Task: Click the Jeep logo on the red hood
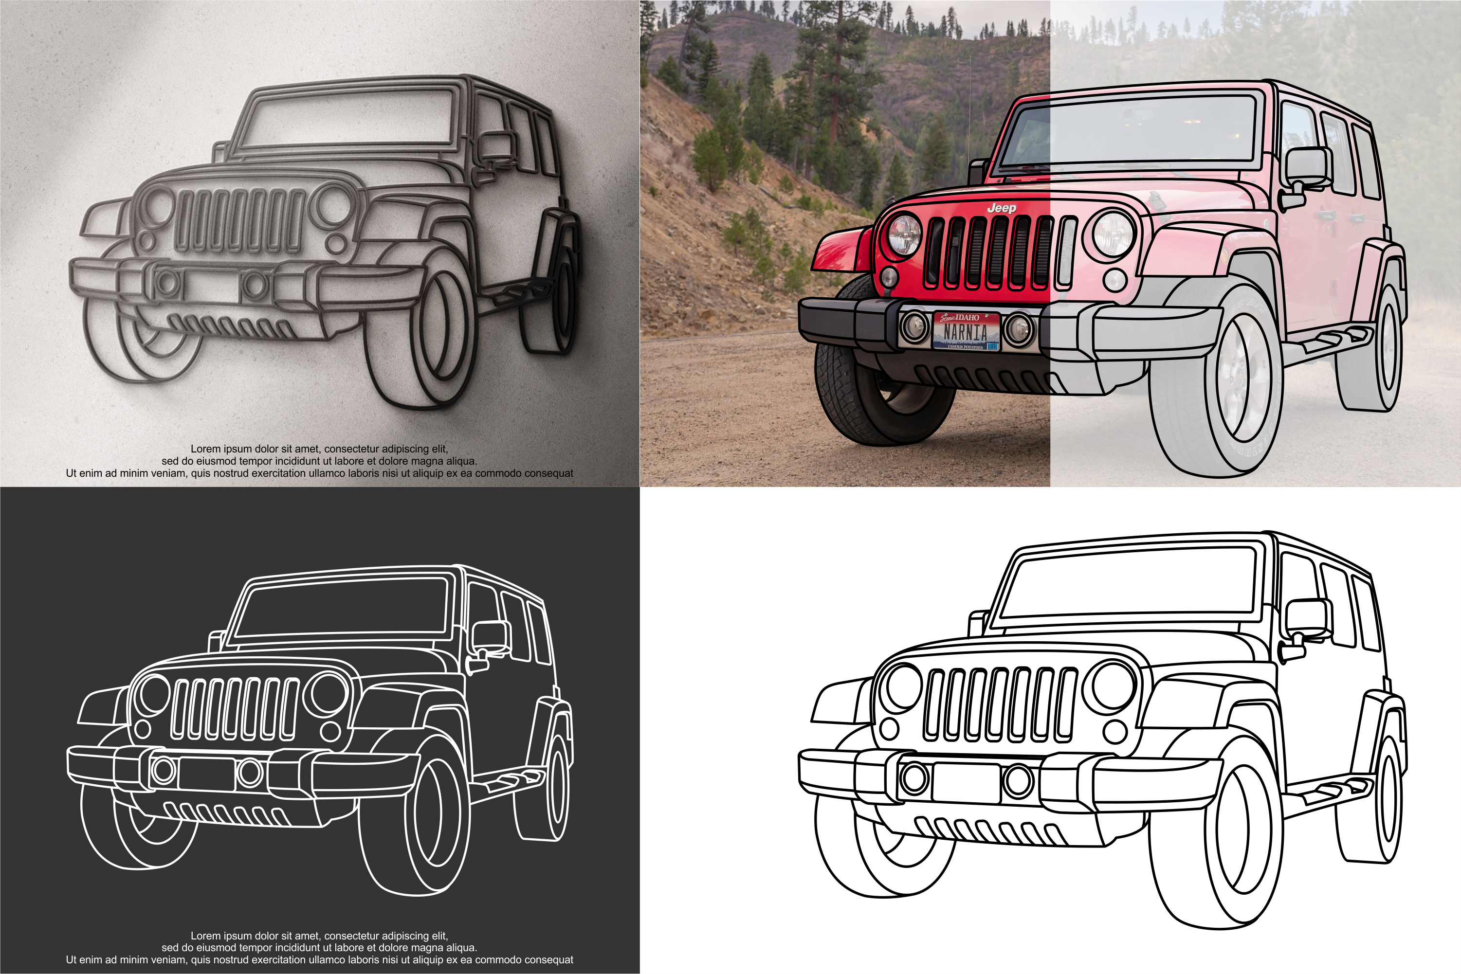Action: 1001,208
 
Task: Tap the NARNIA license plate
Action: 966,332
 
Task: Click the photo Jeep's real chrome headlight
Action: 904,235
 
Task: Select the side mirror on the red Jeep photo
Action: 1308,166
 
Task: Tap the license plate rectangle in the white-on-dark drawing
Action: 206,773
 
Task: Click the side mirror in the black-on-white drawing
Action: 1308,618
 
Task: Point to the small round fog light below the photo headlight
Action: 889,276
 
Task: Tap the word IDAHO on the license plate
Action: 967,317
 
